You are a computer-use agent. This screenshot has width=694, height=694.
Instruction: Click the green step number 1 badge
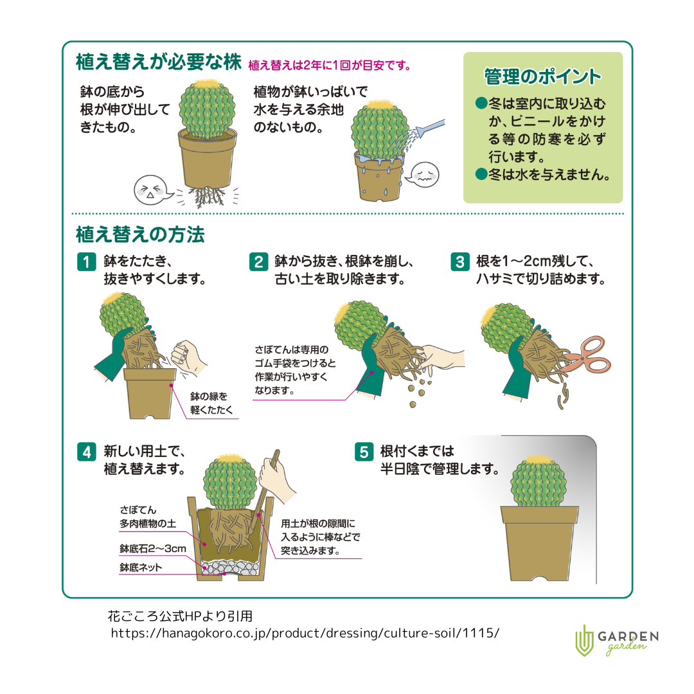point(86,262)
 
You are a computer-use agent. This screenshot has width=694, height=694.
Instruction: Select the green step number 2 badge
point(258,262)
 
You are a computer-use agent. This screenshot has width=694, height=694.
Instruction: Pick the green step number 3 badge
point(460,262)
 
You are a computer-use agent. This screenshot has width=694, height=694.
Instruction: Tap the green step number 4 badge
point(86,452)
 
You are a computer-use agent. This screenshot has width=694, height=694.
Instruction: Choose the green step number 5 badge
point(364,452)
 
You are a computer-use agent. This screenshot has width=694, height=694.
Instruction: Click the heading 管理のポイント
point(542,76)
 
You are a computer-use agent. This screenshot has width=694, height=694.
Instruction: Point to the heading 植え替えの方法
point(140,235)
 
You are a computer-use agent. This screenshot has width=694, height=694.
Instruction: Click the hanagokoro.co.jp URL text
point(305,633)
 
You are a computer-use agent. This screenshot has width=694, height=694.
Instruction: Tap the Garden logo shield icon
point(584,640)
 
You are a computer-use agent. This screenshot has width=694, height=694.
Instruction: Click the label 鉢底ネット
point(141,567)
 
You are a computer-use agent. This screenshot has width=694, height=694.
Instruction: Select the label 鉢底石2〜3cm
point(153,549)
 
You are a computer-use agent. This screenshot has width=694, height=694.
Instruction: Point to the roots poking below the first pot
point(208,197)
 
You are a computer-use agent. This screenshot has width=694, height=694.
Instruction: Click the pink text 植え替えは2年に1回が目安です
point(330,66)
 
